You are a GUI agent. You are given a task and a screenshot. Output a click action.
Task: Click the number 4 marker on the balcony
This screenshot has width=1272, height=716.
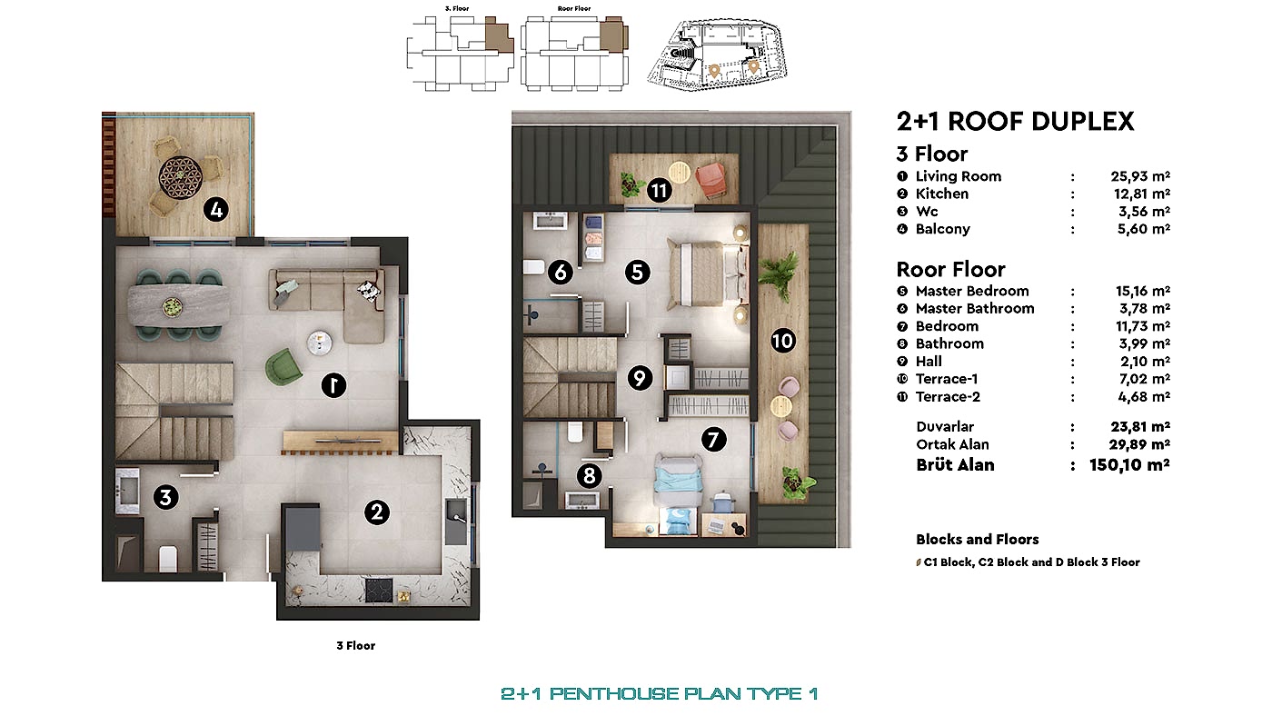click(215, 210)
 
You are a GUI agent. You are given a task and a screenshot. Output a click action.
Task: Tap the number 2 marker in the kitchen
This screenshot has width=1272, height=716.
click(376, 512)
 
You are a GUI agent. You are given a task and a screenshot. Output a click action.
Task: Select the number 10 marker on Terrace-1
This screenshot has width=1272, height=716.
click(782, 341)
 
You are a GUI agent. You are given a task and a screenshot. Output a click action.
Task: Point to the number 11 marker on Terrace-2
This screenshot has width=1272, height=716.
click(660, 190)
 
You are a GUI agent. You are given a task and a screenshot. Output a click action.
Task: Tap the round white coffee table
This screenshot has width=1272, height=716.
click(320, 342)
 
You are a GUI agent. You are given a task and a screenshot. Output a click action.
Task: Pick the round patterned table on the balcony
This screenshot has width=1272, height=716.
click(177, 174)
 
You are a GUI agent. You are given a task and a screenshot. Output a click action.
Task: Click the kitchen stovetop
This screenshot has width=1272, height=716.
click(382, 590)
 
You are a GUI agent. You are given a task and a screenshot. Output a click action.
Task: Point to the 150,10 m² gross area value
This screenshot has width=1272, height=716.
click(1129, 465)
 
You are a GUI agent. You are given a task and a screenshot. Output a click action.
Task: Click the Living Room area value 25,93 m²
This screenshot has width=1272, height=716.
click(1140, 176)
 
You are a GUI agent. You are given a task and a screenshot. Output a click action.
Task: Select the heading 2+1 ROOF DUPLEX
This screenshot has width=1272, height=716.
click(1015, 122)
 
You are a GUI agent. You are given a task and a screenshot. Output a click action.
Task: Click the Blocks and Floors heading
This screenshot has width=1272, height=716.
click(978, 539)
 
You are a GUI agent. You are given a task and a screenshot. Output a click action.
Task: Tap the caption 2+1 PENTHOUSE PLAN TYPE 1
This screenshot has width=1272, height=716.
click(659, 693)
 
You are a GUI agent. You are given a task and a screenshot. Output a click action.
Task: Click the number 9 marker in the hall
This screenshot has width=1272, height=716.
click(641, 377)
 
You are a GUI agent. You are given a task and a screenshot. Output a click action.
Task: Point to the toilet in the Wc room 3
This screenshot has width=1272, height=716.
click(168, 558)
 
